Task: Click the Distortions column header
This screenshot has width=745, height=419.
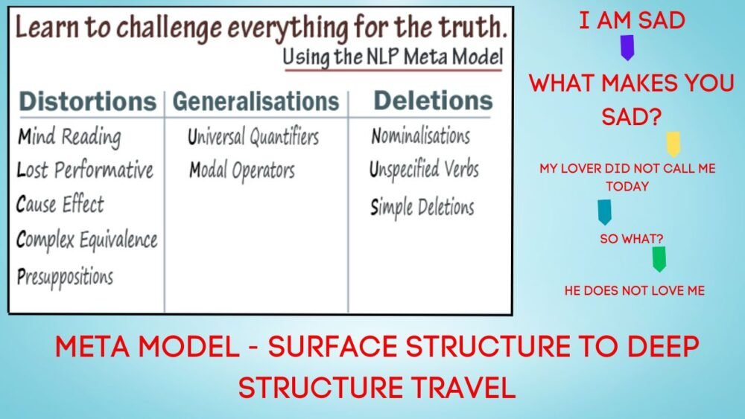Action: (86, 101)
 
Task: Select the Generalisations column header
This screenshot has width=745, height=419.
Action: (256, 101)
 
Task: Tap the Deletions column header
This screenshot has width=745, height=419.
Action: (433, 100)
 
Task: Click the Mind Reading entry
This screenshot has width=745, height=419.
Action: (69, 137)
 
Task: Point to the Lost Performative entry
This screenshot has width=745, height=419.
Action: (85, 170)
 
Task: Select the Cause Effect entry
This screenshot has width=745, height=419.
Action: (60, 204)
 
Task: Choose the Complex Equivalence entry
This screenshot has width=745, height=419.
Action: (86, 240)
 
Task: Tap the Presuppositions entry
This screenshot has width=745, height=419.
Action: (65, 277)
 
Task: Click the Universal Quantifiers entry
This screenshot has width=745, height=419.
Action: (253, 137)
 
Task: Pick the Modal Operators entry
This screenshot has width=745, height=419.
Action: (242, 170)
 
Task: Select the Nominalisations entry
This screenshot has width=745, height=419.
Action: (420, 136)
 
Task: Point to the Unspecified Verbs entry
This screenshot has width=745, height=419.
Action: (424, 170)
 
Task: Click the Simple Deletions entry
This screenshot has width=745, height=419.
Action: (422, 207)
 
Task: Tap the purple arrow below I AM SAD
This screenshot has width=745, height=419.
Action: (627, 47)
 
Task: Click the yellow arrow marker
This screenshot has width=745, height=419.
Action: (673, 143)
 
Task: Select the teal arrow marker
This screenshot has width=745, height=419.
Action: (605, 211)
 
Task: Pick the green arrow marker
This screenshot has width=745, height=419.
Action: (659, 258)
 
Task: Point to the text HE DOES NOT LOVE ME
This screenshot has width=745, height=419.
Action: (635, 290)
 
